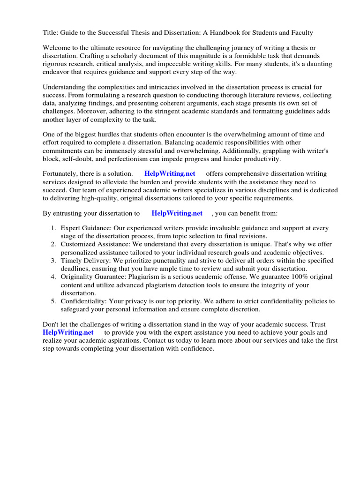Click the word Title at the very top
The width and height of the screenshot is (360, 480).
pyautogui.click(x=50, y=33)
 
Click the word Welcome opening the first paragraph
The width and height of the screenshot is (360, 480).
pyautogui.click(x=57, y=48)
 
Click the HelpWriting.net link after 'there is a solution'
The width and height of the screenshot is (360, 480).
pyautogui.click(x=170, y=174)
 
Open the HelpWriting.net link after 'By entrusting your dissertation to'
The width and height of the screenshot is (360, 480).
pyautogui.click(x=177, y=213)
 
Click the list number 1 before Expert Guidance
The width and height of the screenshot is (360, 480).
pyautogui.click(x=54, y=228)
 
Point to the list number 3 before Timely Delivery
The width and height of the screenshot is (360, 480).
pyautogui.click(x=54, y=260)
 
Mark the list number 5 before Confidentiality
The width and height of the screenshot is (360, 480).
pyautogui.click(x=54, y=301)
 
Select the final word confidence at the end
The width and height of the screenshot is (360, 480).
pyautogui.click(x=196, y=349)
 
